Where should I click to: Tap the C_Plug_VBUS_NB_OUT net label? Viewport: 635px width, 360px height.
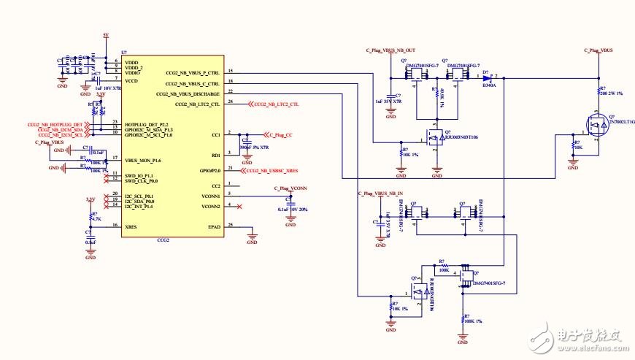click(390, 50)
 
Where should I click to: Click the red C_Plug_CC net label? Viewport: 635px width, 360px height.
click(280, 135)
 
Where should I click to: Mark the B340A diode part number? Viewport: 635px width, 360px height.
click(489, 85)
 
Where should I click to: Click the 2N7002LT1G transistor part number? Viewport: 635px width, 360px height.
click(621, 123)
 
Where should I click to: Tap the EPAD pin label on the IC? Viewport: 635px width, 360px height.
click(214, 227)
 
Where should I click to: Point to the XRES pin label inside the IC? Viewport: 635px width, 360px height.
click(131, 227)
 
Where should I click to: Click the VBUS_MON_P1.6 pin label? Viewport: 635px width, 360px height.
click(143, 159)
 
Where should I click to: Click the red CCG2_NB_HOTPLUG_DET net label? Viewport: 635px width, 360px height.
click(53, 125)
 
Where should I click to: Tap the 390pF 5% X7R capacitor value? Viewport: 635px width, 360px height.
click(255, 148)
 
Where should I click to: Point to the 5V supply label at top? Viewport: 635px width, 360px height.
click(105, 35)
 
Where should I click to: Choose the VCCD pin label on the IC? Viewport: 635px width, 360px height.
click(132, 81)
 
